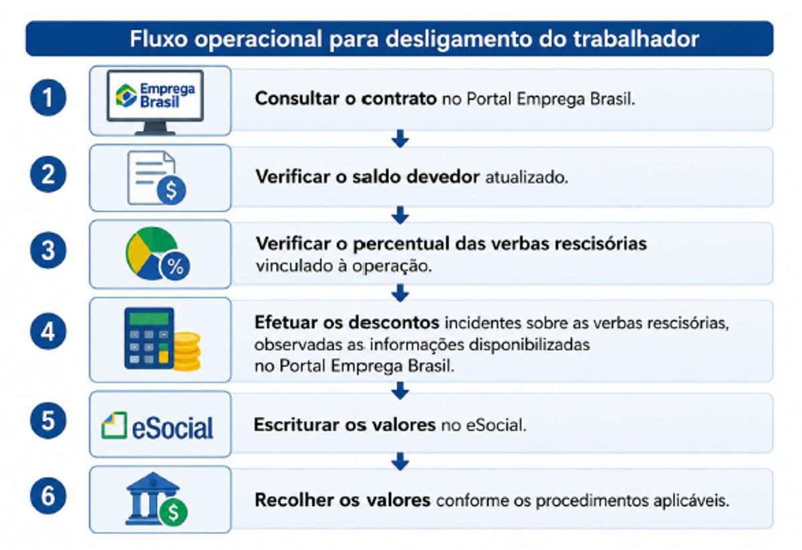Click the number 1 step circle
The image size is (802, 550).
coord(48,98)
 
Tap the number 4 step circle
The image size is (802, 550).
coord(48,331)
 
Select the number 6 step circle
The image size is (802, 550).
coord(48,496)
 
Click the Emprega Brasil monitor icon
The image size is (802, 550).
coord(155,102)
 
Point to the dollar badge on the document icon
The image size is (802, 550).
coord(171,190)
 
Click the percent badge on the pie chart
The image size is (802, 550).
coord(175,267)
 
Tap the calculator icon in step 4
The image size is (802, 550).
coord(149,338)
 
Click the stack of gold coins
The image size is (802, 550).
coord(187,352)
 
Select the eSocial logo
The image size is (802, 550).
coord(157,426)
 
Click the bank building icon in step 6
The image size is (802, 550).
coord(152,499)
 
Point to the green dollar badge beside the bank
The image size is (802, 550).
coord(173,513)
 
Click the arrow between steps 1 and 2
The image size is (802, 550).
coord(400,138)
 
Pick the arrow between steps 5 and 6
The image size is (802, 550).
coord(400,461)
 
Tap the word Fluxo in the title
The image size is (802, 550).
coord(158,39)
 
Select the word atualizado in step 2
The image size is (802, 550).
coord(527,177)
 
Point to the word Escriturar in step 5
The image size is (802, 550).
coord(296,425)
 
